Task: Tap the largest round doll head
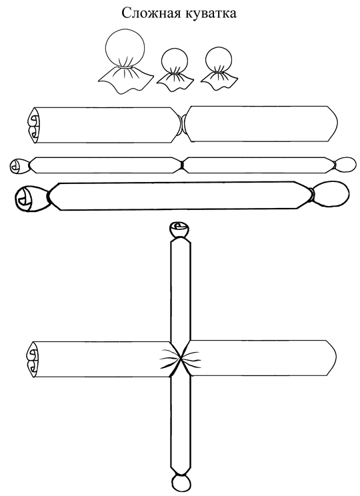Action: [x=125, y=48]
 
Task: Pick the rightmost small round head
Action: [x=219, y=60]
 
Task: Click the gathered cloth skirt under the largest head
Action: [x=125, y=81]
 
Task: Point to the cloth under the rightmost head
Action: [x=219, y=81]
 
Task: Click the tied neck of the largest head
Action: [x=125, y=67]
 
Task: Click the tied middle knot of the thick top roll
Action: [x=183, y=124]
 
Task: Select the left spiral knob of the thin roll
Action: [x=20, y=166]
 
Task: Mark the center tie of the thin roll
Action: [x=182, y=165]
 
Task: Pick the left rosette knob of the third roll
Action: [x=31, y=199]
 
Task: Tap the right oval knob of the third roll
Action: [x=329, y=194]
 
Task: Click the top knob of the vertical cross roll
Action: [x=180, y=230]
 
